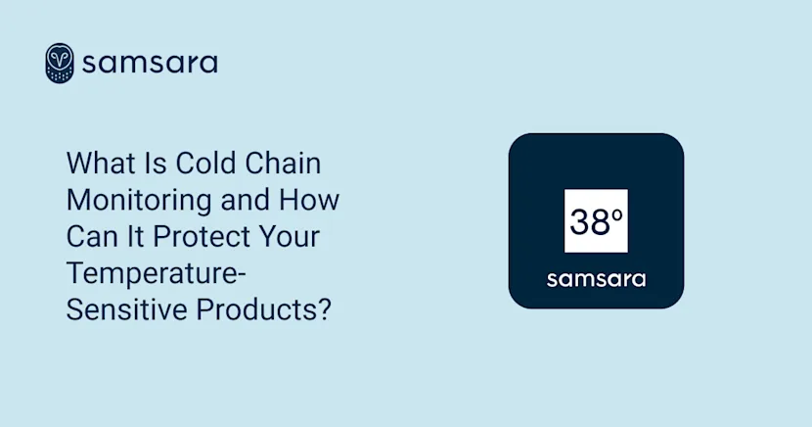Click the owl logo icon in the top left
tap(60, 64)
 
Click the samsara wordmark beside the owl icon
tap(150, 64)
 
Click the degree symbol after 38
tap(617, 214)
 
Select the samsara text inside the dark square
tap(596, 278)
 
